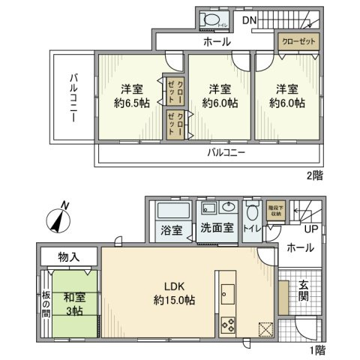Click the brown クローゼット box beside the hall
coord(298,41)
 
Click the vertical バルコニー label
coord(75,98)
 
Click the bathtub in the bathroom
coord(170,208)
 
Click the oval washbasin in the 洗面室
coord(230,209)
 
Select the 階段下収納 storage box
coord(275,210)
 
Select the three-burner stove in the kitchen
coord(226,325)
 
